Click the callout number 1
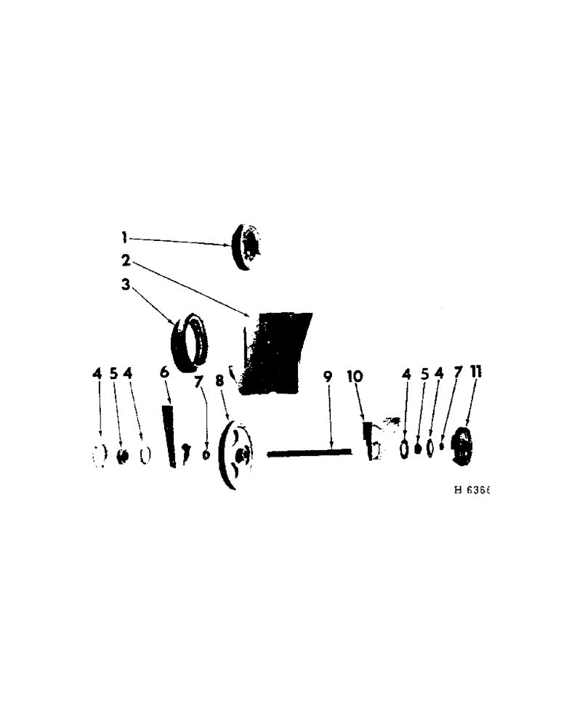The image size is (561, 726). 124,237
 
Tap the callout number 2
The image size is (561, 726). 126,261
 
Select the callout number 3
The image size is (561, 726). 126,285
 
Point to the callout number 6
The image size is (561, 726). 164,372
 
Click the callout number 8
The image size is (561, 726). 219,381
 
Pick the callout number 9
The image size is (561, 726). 327,378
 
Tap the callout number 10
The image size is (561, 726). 358,378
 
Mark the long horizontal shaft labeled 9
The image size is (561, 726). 309,453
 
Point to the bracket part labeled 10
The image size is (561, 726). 372,439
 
